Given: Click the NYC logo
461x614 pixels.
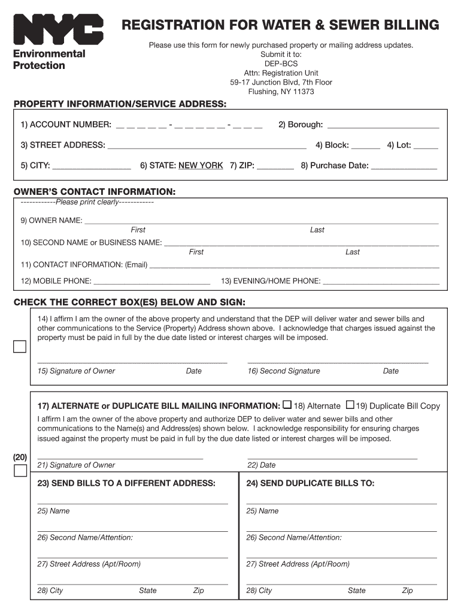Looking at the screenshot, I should tap(58, 29).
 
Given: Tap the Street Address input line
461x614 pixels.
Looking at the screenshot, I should tap(207, 146).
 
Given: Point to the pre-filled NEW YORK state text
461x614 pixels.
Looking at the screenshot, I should tap(201, 165).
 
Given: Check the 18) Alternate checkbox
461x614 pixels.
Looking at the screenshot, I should tap(287, 405).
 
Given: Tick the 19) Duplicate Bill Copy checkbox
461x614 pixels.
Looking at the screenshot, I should tap(351, 405).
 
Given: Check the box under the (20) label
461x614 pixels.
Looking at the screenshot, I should tap(20, 471).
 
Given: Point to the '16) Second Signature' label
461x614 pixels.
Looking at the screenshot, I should tap(284, 371).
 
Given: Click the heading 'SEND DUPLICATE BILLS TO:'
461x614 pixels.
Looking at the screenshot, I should tap(310, 483).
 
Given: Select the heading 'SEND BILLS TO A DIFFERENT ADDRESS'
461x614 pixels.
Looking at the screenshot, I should tap(126, 483).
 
